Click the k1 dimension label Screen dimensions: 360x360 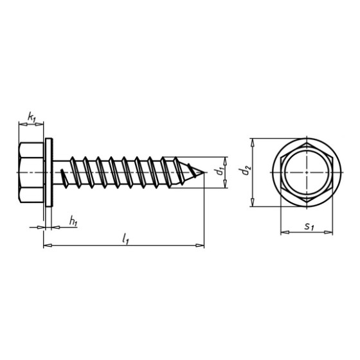pyautogui.click(x=32, y=117)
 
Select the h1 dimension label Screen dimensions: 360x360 pyautogui.click(x=73, y=221)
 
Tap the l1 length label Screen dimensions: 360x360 pyautogui.click(x=125, y=238)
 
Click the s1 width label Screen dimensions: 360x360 pyautogui.click(x=309, y=227)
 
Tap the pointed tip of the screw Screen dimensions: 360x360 pyautogui.click(x=204, y=172)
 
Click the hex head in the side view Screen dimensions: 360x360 pyautogui.click(x=31, y=172)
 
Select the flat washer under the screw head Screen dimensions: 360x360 pyautogui.click(x=49, y=172)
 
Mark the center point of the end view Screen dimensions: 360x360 pyautogui.click(x=307, y=172)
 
